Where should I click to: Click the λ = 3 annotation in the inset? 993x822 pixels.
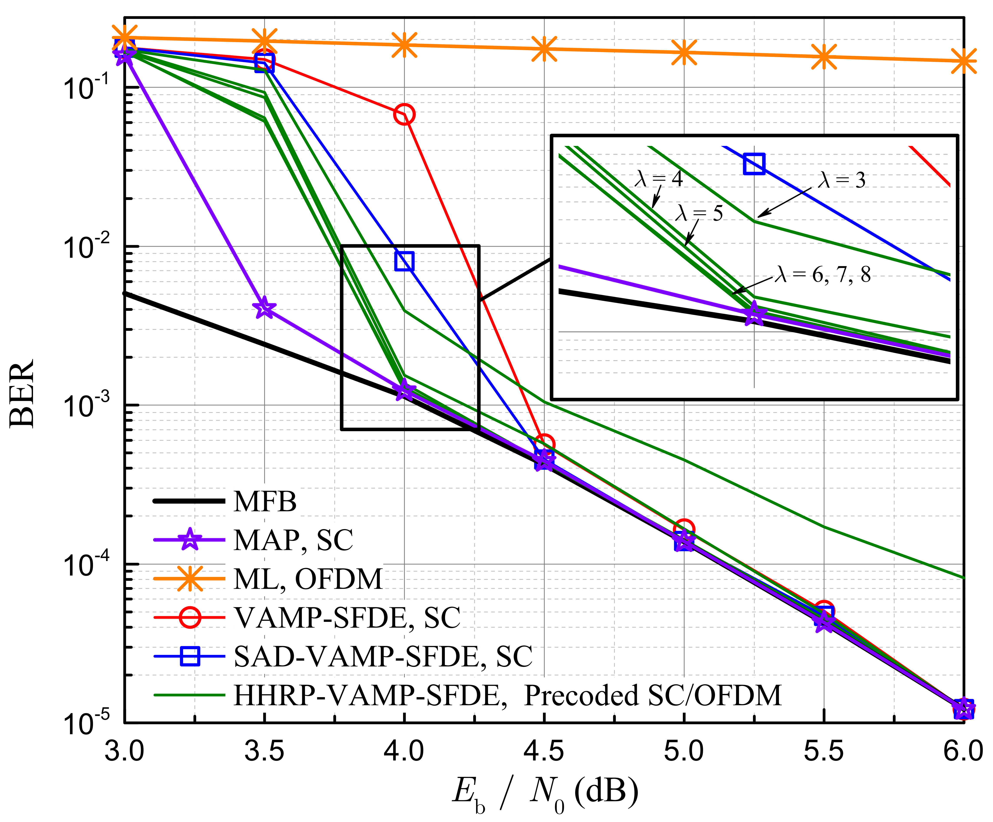(842, 180)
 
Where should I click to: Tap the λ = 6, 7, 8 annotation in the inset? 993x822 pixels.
(823, 274)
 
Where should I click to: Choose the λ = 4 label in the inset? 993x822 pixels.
(659, 179)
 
